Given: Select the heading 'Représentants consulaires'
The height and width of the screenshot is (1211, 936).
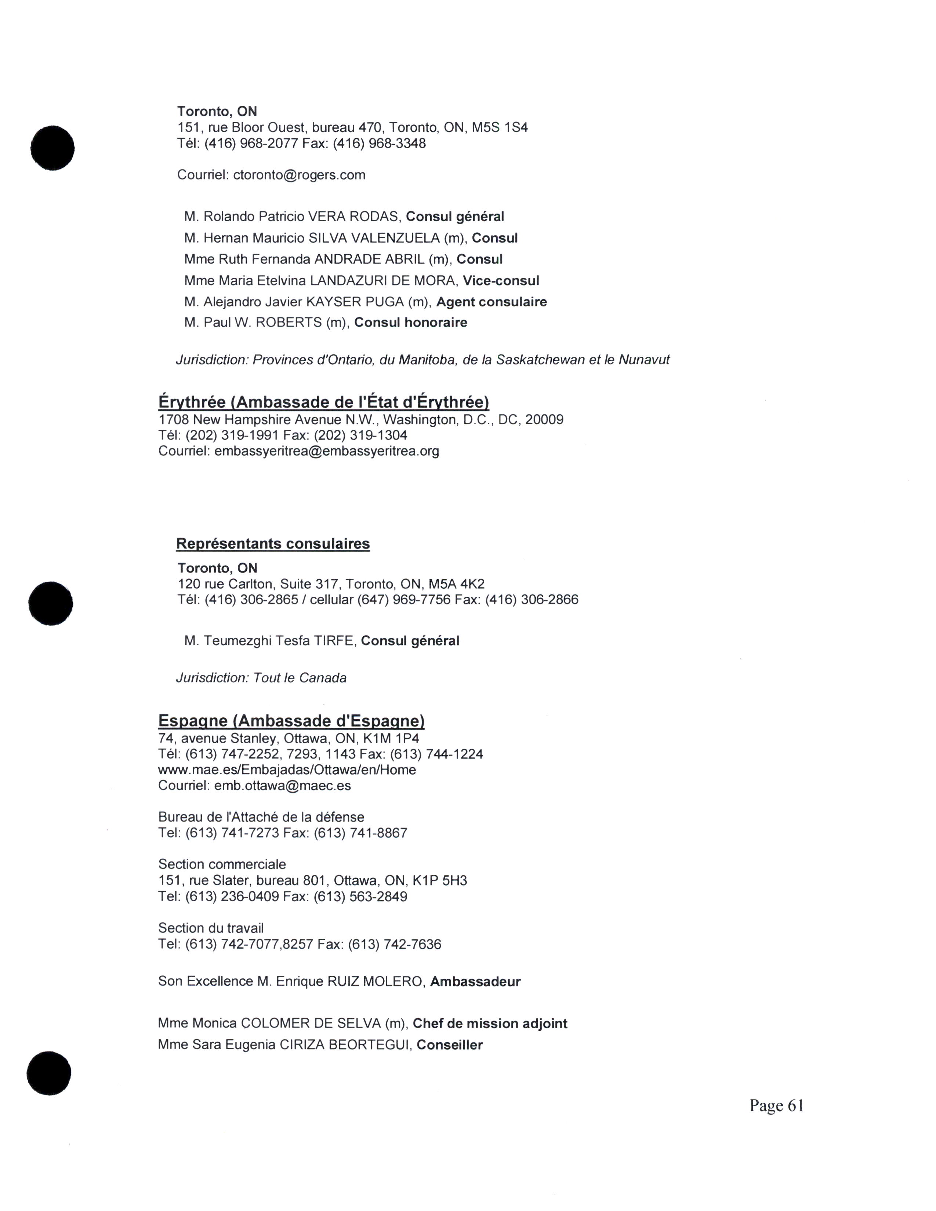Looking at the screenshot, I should [x=273, y=544].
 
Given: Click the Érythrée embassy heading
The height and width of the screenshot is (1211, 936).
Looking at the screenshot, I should [x=323, y=402].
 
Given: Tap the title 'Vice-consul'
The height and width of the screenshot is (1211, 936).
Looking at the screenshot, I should [x=501, y=281].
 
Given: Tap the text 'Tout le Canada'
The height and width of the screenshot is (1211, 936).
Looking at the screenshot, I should [x=300, y=678].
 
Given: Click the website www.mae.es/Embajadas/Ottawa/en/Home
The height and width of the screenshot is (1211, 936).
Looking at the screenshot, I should [x=287, y=770].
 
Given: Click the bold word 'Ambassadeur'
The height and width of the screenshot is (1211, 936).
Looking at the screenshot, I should [x=475, y=982].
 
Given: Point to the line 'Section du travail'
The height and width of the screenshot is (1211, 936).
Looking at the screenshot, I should [x=211, y=928].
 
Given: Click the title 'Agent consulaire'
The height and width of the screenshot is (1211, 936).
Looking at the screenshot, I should [x=491, y=302].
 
